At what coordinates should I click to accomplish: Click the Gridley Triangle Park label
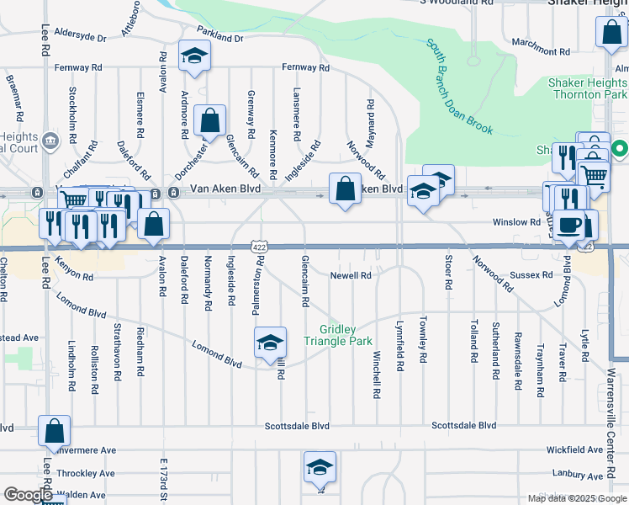[345, 335]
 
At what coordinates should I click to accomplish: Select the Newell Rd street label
[351, 275]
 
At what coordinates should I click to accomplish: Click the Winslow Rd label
[516, 222]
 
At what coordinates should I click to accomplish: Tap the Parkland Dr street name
[221, 38]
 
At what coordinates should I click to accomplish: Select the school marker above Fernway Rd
[195, 56]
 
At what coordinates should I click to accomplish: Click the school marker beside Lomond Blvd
[270, 343]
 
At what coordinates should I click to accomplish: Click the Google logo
[28, 496]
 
